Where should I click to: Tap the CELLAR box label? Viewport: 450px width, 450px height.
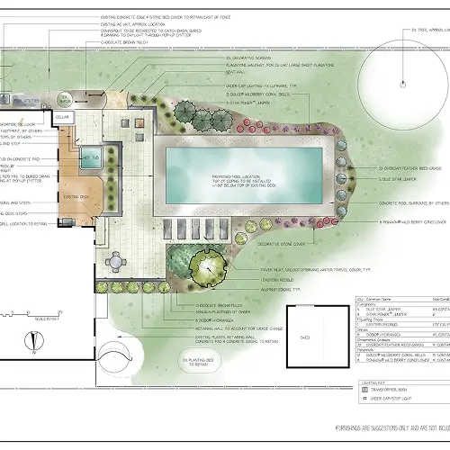(62, 117)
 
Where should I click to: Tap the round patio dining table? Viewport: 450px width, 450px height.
(117, 261)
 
